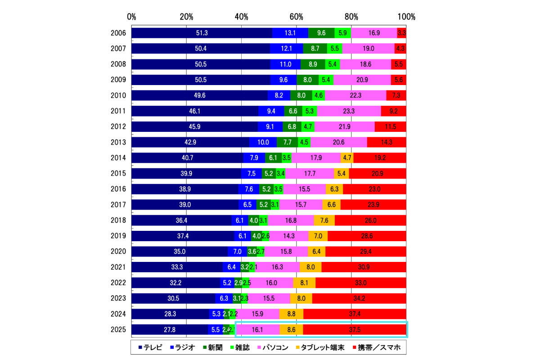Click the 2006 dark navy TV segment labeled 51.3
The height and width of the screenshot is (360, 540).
[202, 33]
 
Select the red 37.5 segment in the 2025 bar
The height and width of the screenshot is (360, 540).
[355, 329]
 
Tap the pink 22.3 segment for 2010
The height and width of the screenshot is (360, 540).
[355, 95]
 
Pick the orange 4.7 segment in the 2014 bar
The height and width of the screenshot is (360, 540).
[347, 158]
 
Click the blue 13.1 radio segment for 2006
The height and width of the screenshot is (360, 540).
[290, 33]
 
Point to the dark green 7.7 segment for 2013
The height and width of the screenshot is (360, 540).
[287, 142]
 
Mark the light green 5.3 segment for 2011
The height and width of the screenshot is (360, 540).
[310, 111]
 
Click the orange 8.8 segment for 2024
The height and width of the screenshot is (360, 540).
[291, 314]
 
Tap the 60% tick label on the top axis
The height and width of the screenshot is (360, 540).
[296, 17]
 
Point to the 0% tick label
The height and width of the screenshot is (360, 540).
[131, 17]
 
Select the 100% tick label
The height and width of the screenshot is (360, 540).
[406, 17]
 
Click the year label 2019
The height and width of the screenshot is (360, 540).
[118, 236]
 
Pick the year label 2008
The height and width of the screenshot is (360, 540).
[118, 64]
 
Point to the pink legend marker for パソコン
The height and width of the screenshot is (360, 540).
[260, 347]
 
